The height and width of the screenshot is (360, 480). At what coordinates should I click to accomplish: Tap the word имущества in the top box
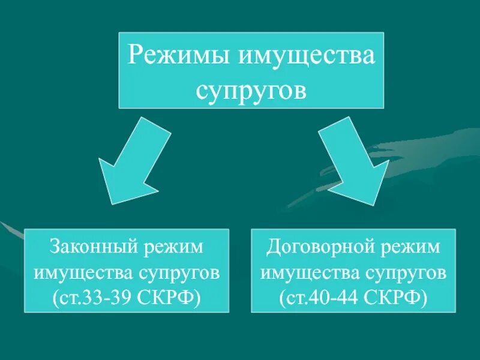pyautogui.click(x=307, y=56)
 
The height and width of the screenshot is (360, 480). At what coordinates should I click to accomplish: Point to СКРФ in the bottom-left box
pyautogui.click(x=170, y=298)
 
